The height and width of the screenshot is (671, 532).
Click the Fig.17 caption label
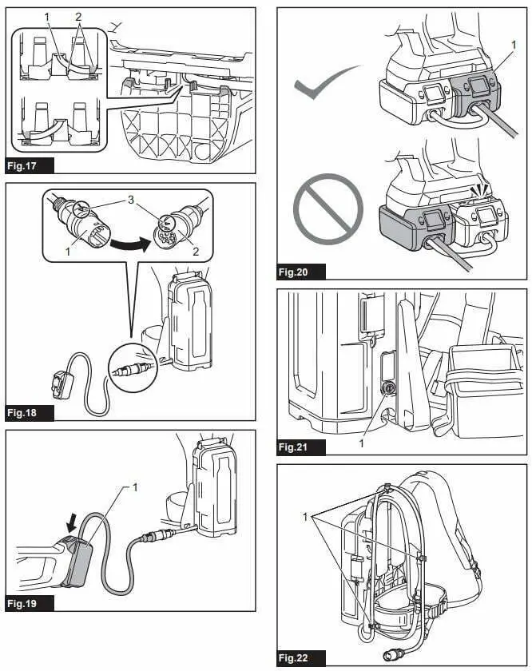pyautogui.click(x=30, y=166)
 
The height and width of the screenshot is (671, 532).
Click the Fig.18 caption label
pyautogui.click(x=30, y=413)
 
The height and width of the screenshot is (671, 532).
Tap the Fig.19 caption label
pyautogui.click(x=30, y=603)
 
